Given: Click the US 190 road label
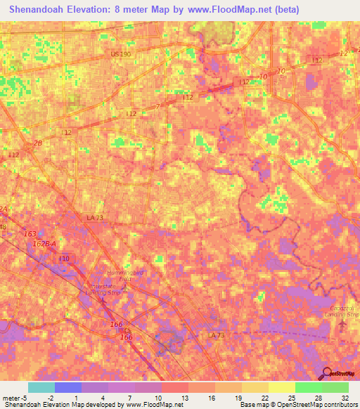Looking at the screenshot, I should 120,53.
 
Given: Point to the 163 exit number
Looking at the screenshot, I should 30,233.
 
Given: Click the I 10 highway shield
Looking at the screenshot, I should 64,259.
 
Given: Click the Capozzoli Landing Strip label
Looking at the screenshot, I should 344,311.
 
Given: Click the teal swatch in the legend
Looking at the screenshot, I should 41,387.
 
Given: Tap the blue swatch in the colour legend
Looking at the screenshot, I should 67,387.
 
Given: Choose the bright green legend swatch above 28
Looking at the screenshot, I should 308,387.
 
